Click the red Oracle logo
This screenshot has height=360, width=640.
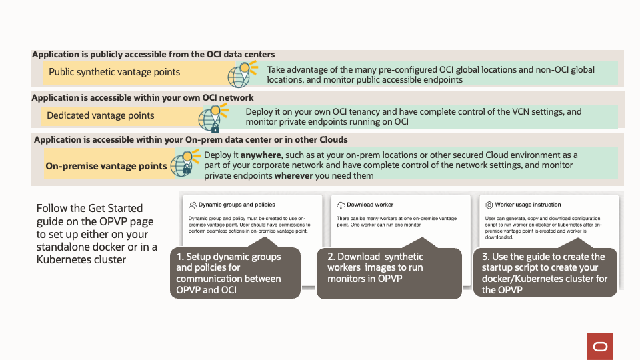click(600, 347)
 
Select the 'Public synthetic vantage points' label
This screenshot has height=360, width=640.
click(114, 72)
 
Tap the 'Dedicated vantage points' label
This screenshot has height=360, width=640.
click(100, 115)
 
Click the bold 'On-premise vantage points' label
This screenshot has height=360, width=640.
click(106, 166)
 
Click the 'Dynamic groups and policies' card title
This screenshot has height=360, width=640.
click(237, 205)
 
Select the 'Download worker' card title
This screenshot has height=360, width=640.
click(370, 205)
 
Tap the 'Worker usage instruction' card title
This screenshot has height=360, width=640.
click(528, 205)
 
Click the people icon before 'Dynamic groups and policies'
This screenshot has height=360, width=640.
click(193, 205)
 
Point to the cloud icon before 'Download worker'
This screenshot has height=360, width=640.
click(341, 205)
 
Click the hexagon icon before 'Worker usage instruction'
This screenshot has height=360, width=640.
click(489, 205)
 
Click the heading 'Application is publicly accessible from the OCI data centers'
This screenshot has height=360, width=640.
click(153, 55)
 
